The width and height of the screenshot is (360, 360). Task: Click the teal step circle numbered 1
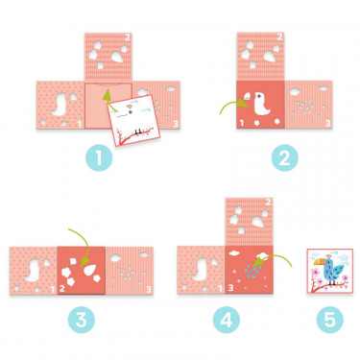pos(99,157)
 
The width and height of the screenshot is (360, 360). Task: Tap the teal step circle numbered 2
pos(284,157)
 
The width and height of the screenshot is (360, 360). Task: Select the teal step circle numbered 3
pos(82,320)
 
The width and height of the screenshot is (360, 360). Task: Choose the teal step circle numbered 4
pos(227,320)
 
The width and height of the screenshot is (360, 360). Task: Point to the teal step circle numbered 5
pos(330,320)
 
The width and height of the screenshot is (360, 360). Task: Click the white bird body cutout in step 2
pos(262,104)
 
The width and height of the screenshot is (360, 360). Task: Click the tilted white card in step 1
pos(133,120)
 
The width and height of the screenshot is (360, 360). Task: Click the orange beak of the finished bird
pos(319,263)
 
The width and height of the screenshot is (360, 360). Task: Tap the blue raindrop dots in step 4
pos(253,271)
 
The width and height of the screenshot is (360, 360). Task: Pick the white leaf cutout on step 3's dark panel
pos(91,270)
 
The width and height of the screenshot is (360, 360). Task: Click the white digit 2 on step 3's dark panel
pos(62,288)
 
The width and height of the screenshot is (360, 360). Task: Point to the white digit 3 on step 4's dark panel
pos(231,288)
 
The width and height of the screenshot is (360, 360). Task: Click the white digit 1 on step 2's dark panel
pos(242,123)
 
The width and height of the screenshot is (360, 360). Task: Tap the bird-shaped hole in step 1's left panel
pos(60,104)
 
